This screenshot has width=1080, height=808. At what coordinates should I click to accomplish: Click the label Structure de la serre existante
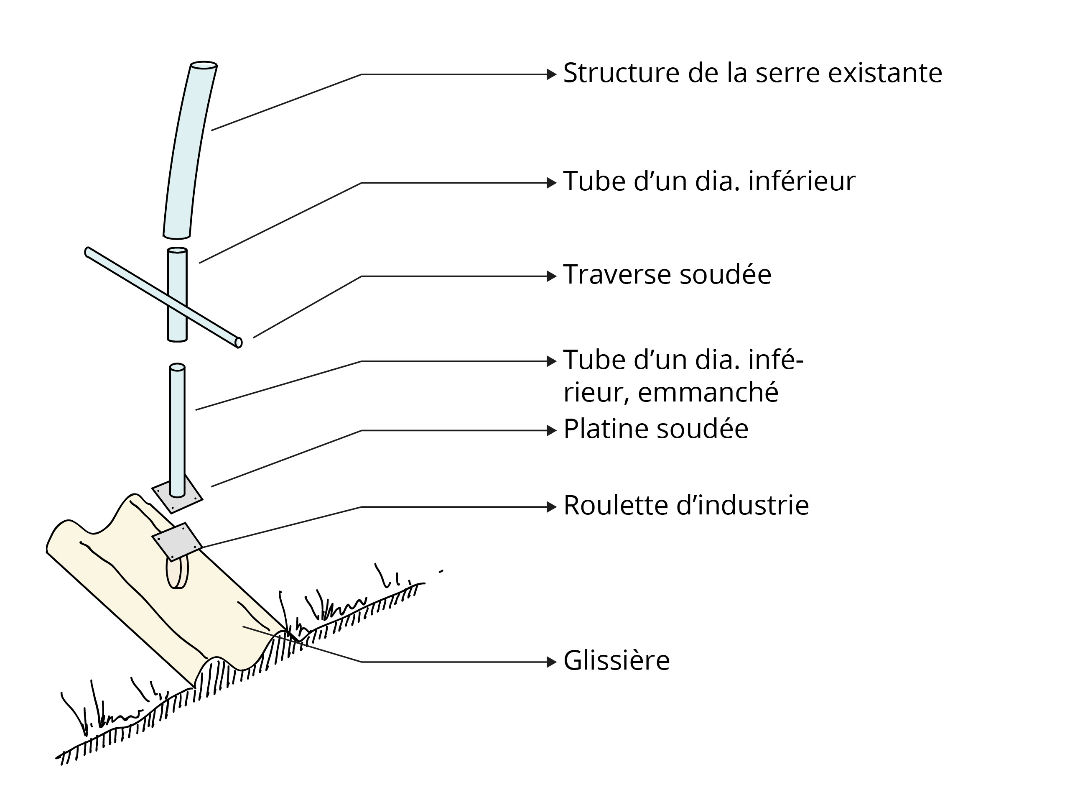752,74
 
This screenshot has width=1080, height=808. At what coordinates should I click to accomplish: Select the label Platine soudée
655,430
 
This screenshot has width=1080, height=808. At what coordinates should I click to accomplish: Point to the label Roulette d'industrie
686,506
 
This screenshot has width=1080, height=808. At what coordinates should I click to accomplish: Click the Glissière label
616,661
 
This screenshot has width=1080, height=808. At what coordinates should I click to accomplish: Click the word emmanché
708,392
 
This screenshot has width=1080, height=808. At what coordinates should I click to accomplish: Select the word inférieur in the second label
802,182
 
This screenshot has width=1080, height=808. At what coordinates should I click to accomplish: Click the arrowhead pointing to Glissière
551,662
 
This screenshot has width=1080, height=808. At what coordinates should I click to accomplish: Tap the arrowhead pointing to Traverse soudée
551,276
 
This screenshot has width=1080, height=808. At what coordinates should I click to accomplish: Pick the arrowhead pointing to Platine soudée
551,430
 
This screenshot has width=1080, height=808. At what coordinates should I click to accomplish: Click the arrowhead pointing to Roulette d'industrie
551,507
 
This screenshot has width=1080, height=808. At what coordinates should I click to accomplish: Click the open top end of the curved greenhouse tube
204,65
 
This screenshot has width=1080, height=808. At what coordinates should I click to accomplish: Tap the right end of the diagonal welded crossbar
238,343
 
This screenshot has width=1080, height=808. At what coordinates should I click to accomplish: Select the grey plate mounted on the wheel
177,541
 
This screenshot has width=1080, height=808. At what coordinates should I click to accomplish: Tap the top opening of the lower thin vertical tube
177,367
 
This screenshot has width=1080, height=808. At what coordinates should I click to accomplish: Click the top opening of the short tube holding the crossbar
177,251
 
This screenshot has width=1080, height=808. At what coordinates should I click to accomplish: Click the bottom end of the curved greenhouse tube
176,236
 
